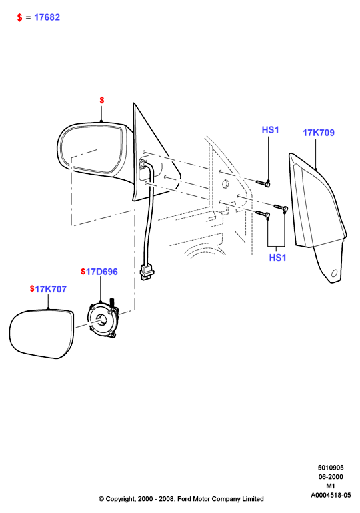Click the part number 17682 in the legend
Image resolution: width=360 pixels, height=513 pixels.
pyautogui.click(x=47, y=17)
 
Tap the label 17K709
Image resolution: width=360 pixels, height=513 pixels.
pyautogui.click(x=319, y=133)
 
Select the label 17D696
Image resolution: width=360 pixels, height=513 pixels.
pyautogui.click(x=101, y=272)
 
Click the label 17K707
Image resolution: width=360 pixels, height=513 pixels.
pyautogui.click(x=51, y=289)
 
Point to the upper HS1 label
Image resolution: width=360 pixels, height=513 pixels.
pyautogui.click(x=271, y=130)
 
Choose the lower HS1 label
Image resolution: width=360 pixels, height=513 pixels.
pyautogui.click(x=277, y=258)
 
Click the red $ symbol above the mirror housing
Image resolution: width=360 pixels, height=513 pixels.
pyautogui.click(x=102, y=100)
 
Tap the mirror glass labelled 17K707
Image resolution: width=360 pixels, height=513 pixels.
pyautogui.click(x=41, y=334)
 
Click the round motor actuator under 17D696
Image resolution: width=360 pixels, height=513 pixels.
pyautogui.click(x=102, y=320)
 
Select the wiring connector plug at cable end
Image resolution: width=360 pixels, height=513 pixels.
pyautogui.click(x=147, y=272)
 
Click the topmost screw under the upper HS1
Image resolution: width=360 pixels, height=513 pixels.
pyautogui.click(x=263, y=183)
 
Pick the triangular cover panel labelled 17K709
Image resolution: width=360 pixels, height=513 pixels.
pyautogui.click(x=317, y=216)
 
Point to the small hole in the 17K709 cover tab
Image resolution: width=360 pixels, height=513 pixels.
pyautogui.click(x=334, y=273)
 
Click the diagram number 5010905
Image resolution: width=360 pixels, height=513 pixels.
pyautogui.click(x=331, y=468)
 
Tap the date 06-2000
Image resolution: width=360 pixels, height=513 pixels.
pyautogui.click(x=331, y=477)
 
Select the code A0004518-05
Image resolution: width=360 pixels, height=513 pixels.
pyautogui.click(x=331, y=496)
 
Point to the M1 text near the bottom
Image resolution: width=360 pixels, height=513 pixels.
pyautogui.click(x=331, y=486)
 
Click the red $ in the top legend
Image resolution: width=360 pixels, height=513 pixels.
pyautogui.click(x=20, y=17)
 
